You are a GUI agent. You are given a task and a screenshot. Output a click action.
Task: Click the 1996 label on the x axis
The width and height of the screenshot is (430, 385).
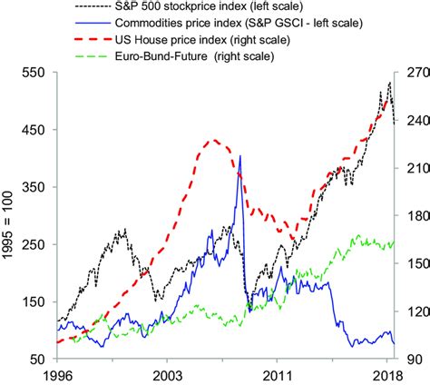pyautogui.click(x=57, y=374)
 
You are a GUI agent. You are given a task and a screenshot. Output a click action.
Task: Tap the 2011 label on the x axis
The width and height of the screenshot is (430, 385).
pyautogui.click(x=277, y=374)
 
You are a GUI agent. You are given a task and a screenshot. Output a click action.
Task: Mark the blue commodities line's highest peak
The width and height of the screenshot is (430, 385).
pyautogui.click(x=240, y=156)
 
